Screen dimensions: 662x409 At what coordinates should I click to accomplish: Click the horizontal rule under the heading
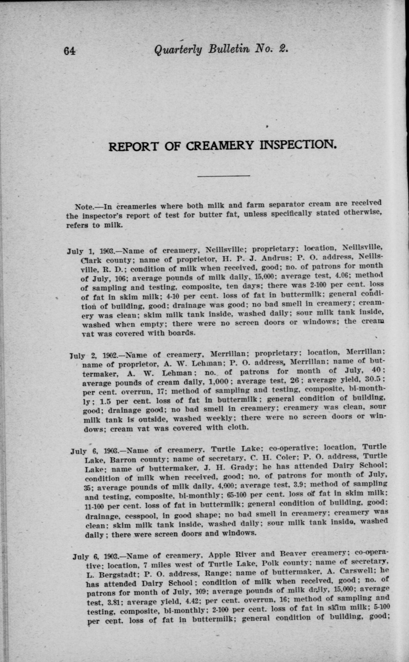coord(224,176)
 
